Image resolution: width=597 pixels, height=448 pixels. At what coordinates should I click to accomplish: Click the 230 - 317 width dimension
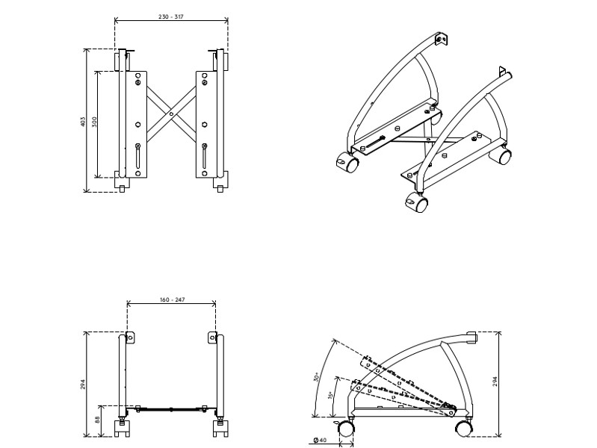(x=171, y=16)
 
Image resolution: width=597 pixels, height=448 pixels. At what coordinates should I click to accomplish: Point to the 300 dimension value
(x=95, y=122)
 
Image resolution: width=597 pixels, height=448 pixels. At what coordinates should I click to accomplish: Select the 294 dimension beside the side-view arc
(x=495, y=381)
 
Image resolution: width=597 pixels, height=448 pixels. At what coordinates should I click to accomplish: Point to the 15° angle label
(x=330, y=395)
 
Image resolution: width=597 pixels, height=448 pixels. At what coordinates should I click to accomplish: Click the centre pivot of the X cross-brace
(x=171, y=114)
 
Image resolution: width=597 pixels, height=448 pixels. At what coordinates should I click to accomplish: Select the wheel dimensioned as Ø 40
(x=345, y=429)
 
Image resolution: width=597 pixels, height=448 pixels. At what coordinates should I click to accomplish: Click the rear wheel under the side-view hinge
(x=464, y=428)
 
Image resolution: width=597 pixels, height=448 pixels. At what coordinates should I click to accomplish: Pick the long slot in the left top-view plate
(x=137, y=158)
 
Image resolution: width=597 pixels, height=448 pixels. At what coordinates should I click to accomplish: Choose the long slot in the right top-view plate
(x=205, y=158)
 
